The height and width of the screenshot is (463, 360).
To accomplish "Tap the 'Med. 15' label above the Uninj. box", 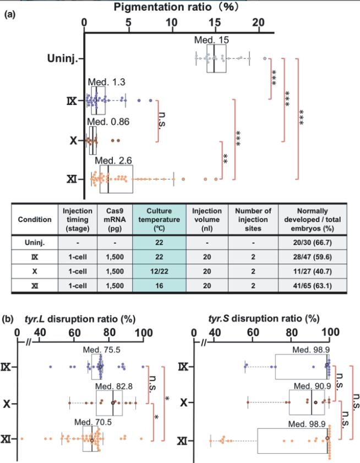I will (212, 40).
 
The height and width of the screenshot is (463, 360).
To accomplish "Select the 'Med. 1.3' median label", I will (108, 82).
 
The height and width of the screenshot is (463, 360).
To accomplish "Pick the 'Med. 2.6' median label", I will (113, 160).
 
